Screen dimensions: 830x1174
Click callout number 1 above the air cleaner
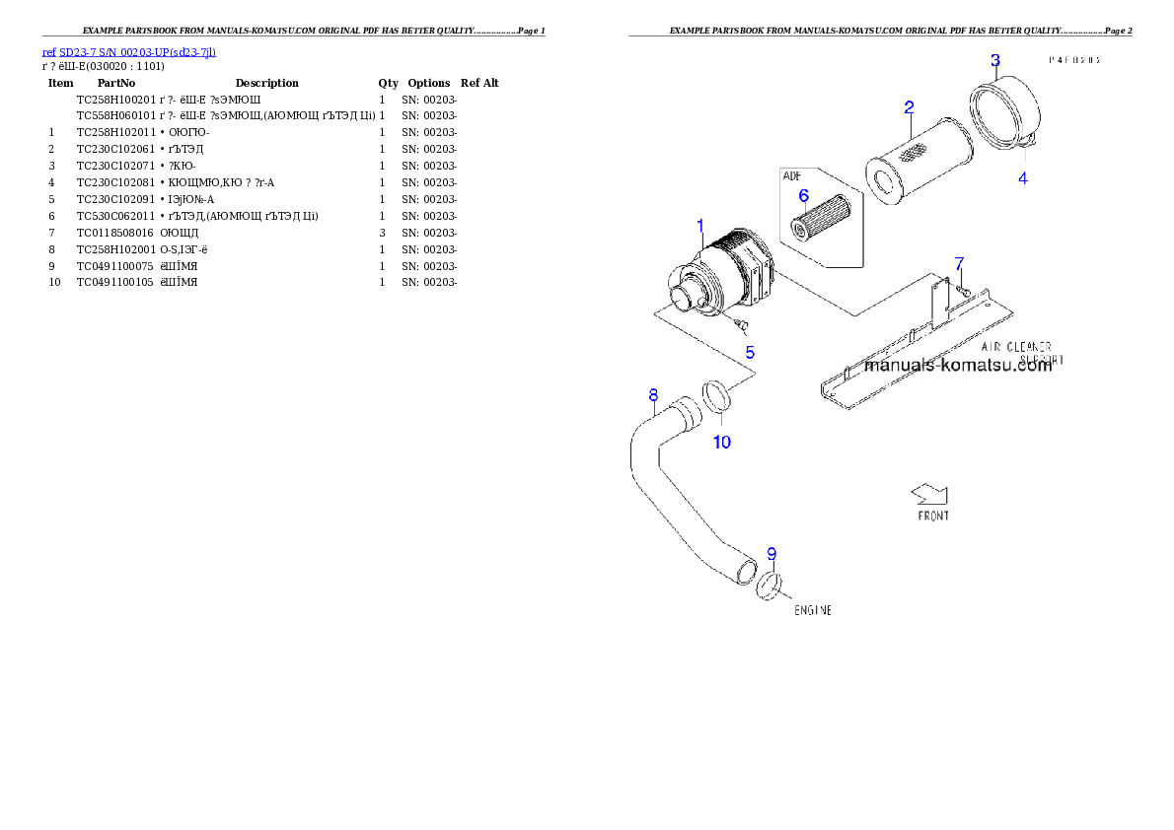[x=700, y=226]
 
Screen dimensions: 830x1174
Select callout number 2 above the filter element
[x=909, y=106]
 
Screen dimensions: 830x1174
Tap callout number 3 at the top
[x=995, y=60]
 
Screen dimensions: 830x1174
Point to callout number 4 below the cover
[x=1023, y=178]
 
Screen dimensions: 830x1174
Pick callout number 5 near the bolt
[x=750, y=351]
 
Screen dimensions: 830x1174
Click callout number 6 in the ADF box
[x=803, y=195]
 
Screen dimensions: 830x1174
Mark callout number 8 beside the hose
[x=653, y=396]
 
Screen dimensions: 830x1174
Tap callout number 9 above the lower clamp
[x=771, y=553]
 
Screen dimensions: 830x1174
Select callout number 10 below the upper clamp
[x=722, y=443]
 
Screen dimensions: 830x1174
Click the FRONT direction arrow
[x=929, y=493]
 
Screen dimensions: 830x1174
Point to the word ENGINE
[x=813, y=611]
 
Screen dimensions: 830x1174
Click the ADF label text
[x=792, y=176]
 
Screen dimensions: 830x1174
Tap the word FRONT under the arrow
[x=933, y=516]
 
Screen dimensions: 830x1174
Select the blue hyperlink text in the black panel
[x=129, y=51]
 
